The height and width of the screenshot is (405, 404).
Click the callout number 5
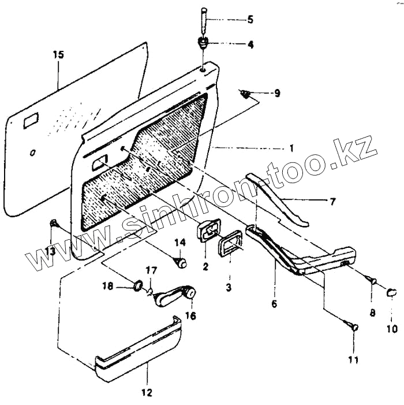[x=250, y=20]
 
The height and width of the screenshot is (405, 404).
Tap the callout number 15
[x=58, y=55]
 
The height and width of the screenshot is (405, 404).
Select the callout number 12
[x=147, y=393]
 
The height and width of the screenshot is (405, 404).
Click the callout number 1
[x=291, y=148]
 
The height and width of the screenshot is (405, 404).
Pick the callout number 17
[x=151, y=270]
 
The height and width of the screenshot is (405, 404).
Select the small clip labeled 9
[x=247, y=94]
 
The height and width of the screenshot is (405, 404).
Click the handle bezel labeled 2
[x=207, y=231]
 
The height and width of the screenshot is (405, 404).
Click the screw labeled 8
[x=372, y=281]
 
